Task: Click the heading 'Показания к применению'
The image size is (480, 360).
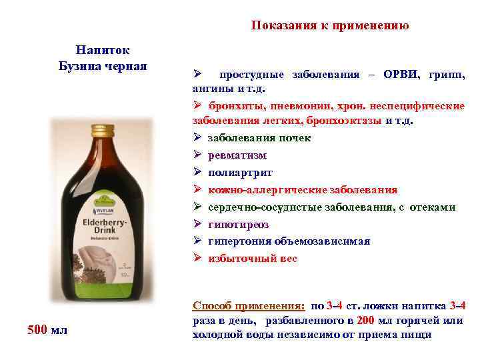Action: click(x=329, y=26)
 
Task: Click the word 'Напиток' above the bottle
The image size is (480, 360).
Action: click(x=103, y=51)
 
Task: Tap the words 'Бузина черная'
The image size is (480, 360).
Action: click(x=103, y=66)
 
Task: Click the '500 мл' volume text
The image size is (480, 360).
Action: click(x=47, y=329)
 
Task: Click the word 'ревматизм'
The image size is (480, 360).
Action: click(x=237, y=155)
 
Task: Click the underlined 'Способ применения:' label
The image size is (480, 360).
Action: click(x=249, y=306)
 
